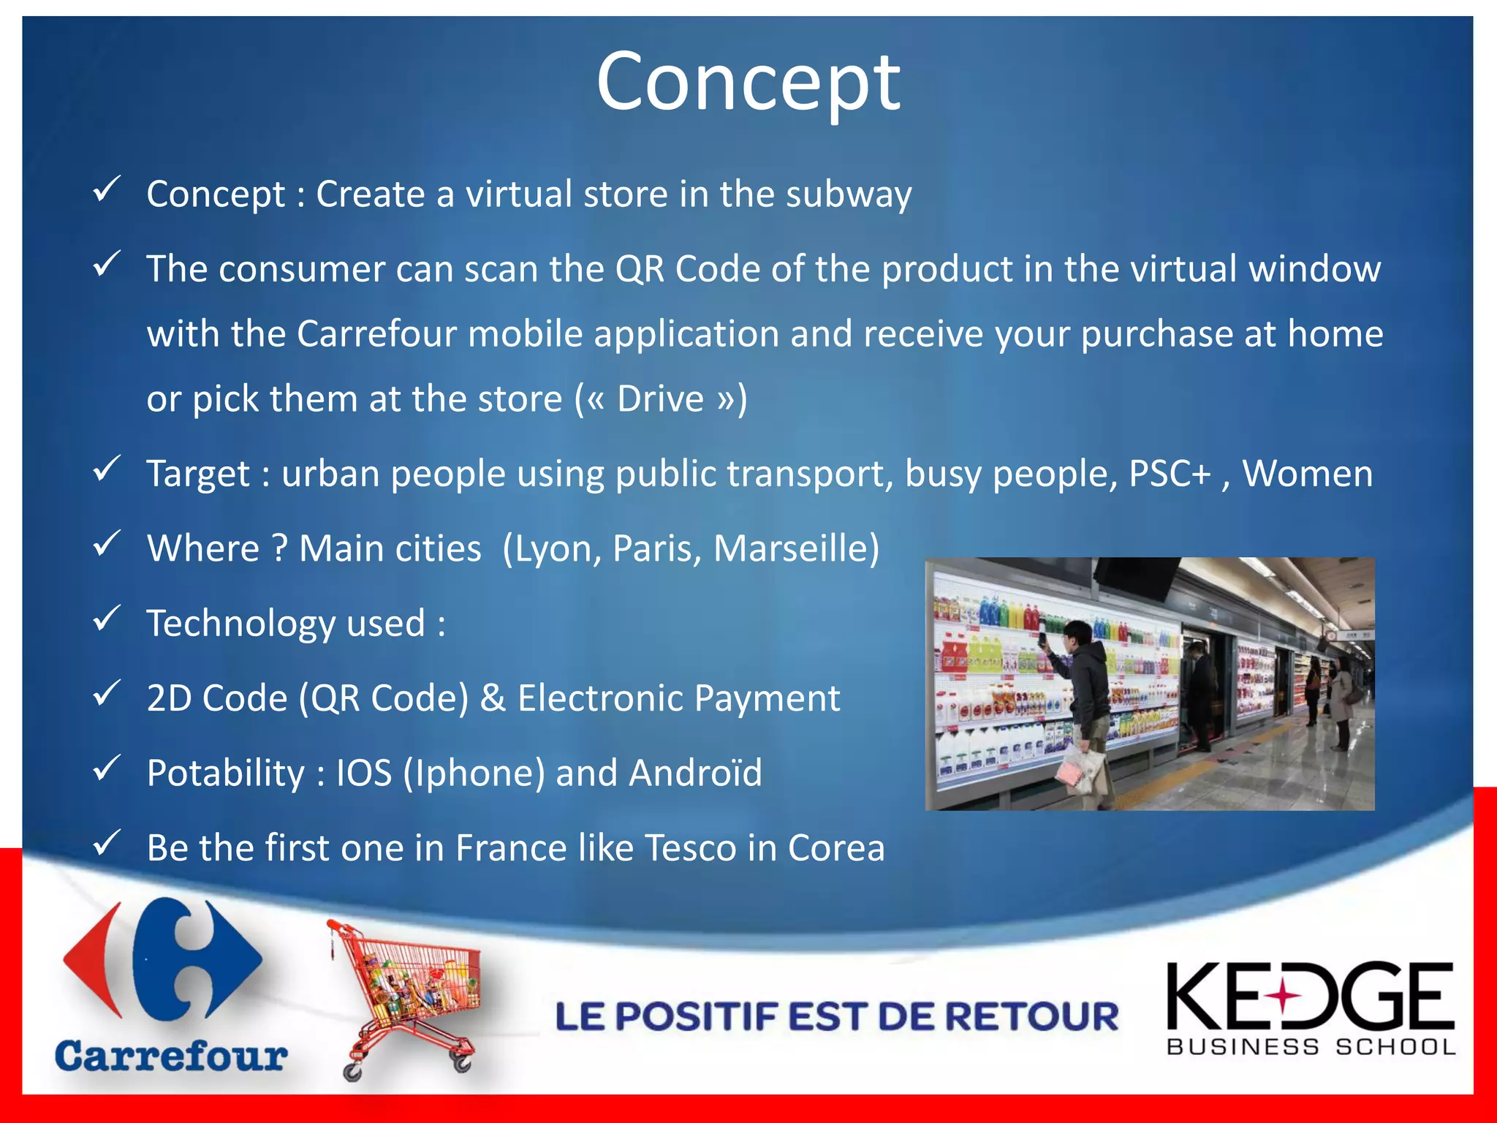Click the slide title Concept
click(x=748, y=82)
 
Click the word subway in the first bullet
click(x=849, y=194)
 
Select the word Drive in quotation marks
click(x=660, y=399)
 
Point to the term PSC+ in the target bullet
click(x=1170, y=474)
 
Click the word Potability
click(x=225, y=773)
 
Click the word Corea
click(x=835, y=848)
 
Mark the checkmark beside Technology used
click(x=107, y=619)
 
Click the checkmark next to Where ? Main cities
click(x=107, y=545)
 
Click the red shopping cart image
click(x=409, y=998)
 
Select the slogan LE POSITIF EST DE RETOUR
click(x=836, y=1017)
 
